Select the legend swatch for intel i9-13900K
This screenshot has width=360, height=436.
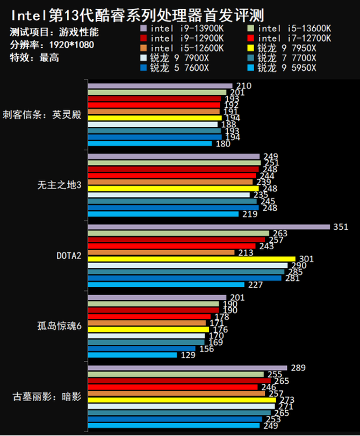click(x=143, y=28)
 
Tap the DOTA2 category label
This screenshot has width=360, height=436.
click(x=69, y=255)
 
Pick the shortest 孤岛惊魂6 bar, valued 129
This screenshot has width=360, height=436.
click(x=132, y=355)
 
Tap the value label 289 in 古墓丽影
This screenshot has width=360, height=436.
click(x=298, y=368)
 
